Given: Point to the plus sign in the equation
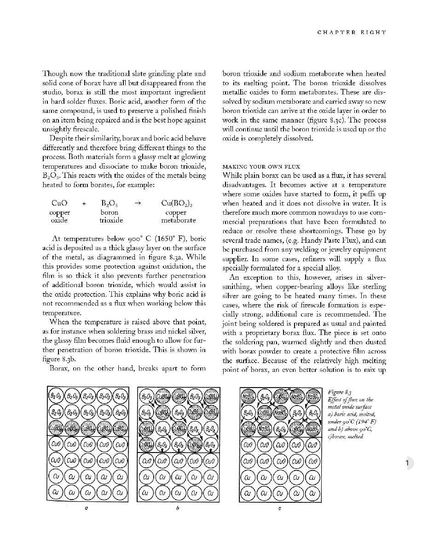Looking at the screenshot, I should click(x=84, y=203).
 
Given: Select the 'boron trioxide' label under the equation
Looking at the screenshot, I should click(x=110, y=217).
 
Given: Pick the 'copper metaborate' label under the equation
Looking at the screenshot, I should click(x=178, y=217).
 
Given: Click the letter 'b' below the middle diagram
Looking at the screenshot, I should click(x=178, y=509).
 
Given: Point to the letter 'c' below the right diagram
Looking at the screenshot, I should click(x=280, y=509).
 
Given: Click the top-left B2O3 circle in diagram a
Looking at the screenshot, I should click(x=56, y=397).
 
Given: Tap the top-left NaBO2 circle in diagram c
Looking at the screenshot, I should click(x=249, y=397).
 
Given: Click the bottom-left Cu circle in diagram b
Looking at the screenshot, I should click(x=146, y=494).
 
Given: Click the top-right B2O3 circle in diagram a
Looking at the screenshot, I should click(x=121, y=397).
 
